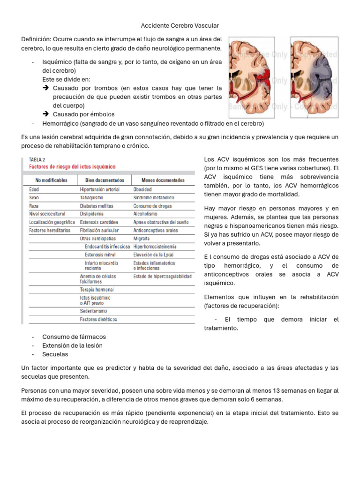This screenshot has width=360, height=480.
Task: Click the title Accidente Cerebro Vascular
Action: pos(180,25)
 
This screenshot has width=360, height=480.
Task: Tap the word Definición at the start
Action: pos(37,39)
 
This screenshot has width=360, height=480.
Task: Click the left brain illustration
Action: pos(256,76)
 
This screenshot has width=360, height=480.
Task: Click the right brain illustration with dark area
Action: pos(313,76)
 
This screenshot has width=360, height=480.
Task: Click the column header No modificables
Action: pos(52,180)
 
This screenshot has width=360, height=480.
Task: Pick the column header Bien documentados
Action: pos(105,180)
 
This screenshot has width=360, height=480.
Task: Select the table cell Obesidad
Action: pos(142,189)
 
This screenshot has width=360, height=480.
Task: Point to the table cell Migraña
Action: pos(142,239)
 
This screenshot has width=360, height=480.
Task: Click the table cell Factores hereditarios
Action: pos(50,231)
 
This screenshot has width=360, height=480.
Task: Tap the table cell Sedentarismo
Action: pos(93,311)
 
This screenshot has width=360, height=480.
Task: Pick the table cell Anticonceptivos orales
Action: pos(156,231)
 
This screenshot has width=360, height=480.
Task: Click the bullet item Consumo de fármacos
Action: pos(74,337)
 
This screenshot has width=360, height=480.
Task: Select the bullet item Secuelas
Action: pos(55,354)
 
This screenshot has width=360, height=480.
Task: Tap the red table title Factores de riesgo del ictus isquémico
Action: pos(73,166)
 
